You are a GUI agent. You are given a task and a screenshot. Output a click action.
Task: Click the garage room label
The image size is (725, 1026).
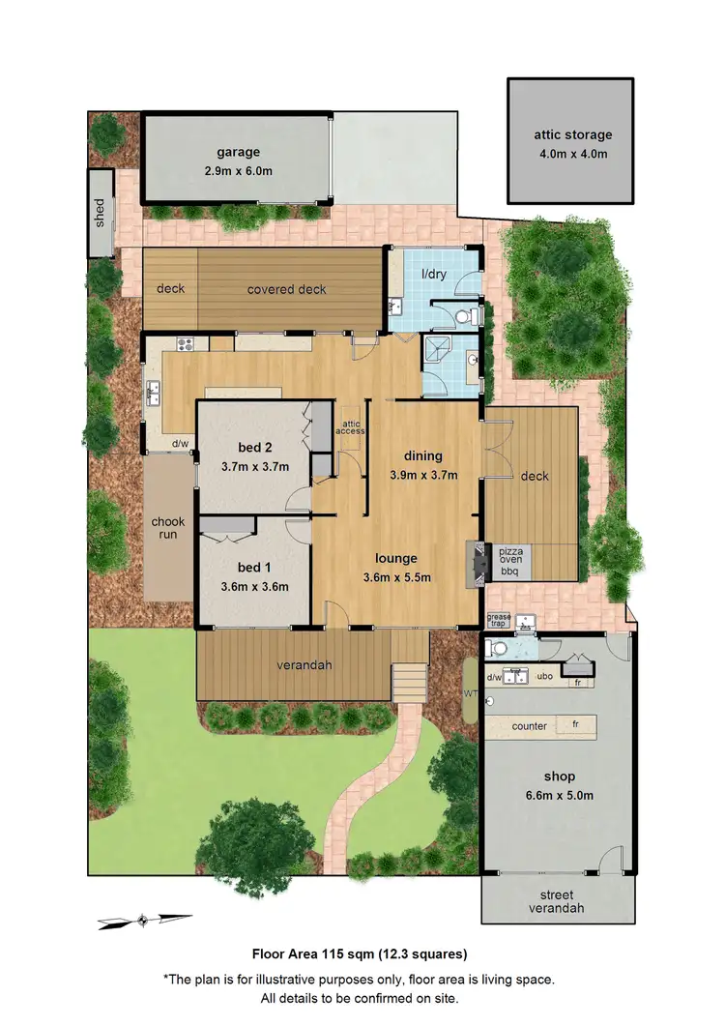click(x=238, y=152)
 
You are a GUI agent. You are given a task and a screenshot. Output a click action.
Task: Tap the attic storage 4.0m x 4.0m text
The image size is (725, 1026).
click(x=573, y=154)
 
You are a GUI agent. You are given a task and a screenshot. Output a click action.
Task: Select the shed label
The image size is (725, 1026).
click(x=100, y=214)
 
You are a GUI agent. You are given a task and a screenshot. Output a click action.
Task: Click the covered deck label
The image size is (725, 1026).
click(x=286, y=289)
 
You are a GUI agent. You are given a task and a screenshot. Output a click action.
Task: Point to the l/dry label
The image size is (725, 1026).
click(x=433, y=276)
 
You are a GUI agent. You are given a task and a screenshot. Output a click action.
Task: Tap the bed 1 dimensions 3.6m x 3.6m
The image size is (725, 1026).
click(x=255, y=586)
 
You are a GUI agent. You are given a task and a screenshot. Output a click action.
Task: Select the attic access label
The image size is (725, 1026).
click(x=350, y=426)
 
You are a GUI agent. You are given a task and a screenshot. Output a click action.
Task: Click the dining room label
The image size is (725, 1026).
click(x=423, y=456)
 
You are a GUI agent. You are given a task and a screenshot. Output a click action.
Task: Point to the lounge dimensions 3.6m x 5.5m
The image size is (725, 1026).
click(x=396, y=577)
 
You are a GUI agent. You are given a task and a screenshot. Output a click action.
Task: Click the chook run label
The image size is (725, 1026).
click(x=167, y=529)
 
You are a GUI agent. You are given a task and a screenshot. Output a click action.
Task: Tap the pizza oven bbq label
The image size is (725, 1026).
click(x=509, y=560)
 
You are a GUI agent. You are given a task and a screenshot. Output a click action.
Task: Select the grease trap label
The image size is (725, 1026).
click(x=498, y=620)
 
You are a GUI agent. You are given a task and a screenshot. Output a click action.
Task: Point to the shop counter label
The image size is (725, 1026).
click(x=530, y=726)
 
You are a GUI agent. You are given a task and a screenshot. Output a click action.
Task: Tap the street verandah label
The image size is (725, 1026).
click(x=559, y=901)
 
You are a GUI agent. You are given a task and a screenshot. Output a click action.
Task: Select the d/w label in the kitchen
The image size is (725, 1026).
click(x=180, y=445)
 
